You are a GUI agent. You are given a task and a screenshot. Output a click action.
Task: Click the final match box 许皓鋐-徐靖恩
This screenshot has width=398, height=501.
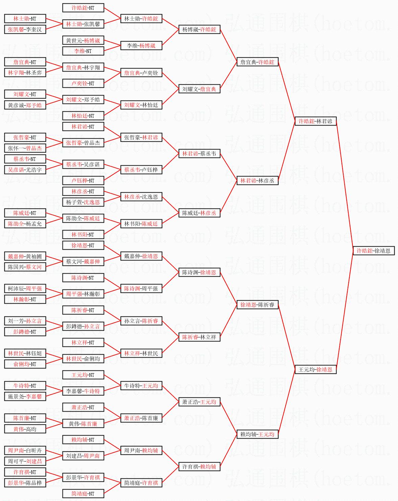pyautogui.click(x=373, y=251)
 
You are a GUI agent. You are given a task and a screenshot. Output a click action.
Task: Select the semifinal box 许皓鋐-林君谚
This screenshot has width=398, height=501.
pyautogui.click(x=315, y=121)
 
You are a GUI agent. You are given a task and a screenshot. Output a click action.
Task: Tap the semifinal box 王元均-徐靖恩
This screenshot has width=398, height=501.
pyautogui.click(x=315, y=369)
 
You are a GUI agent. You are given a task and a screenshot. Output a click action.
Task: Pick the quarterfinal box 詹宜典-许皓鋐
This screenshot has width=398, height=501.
pyautogui.click(x=257, y=62)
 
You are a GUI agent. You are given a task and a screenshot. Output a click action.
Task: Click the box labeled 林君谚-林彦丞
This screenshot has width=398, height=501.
pyautogui.click(x=257, y=180)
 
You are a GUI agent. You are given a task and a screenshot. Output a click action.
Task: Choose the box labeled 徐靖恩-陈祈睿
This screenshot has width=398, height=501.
pyautogui.click(x=257, y=305)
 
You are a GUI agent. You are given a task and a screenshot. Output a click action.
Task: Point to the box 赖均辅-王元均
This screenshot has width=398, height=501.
pyautogui.click(x=257, y=434)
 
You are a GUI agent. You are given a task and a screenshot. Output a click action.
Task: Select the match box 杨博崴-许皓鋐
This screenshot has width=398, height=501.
pyautogui.click(x=199, y=29)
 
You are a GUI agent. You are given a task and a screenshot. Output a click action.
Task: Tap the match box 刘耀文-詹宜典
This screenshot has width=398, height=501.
pyautogui.click(x=199, y=89)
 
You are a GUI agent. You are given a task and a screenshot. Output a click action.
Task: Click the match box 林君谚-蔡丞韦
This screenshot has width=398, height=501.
pyautogui.click(x=199, y=154)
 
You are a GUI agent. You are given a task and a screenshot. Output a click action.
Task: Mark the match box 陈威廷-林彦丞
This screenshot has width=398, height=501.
pyautogui.click(x=199, y=213)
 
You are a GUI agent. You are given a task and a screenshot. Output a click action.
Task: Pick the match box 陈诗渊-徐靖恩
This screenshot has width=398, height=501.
pyautogui.click(x=199, y=272)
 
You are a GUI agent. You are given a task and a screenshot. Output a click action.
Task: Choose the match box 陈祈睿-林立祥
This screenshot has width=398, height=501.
pyautogui.click(x=199, y=337)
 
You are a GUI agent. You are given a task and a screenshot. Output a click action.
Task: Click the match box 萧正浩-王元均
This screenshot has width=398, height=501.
pyautogui.click(x=199, y=402)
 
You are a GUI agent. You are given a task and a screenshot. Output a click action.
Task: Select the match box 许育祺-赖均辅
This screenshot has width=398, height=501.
pyautogui.click(x=199, y=467)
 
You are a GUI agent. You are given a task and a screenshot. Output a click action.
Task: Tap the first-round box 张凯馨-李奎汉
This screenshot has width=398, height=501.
pyautogui.click(x=25, y=29)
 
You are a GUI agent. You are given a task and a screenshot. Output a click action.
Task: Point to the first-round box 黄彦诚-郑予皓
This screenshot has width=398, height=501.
pyautogui.click(x=25, y=105)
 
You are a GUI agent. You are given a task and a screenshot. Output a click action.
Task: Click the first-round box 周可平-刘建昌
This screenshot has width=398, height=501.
pyautogui.click(x=25, y=461)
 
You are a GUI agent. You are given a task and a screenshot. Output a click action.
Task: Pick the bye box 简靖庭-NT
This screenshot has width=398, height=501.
pyautogui.click(x=83, y=494)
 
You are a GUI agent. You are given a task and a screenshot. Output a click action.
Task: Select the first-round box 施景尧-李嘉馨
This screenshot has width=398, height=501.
pyautogui.click(x=25, y=396)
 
